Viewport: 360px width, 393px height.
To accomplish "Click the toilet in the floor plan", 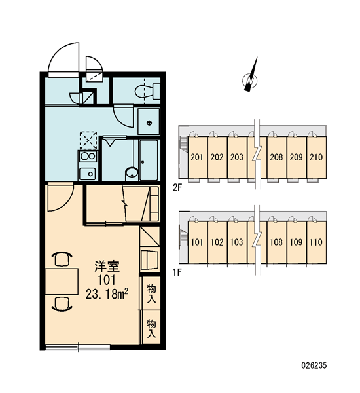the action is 147,91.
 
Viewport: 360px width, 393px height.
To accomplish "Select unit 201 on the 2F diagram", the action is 198,157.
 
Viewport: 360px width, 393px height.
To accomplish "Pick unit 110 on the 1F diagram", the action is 316,242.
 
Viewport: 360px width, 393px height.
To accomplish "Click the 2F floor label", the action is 177,188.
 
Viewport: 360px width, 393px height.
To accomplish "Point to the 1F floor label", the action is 177,272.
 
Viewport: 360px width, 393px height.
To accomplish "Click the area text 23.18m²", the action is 107,293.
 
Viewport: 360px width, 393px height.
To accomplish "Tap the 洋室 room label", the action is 107,266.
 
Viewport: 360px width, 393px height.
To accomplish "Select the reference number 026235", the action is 314,365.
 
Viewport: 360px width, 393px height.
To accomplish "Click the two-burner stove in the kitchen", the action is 88,157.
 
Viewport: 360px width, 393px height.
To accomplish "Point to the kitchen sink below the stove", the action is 88,174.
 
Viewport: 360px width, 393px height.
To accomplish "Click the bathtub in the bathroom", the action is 149,160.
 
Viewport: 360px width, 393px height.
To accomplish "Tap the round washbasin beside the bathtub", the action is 132,173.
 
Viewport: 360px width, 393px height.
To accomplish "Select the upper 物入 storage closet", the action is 151,293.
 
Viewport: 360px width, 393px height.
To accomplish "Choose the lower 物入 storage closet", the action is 151,327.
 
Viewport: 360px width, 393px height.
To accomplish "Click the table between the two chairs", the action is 62,281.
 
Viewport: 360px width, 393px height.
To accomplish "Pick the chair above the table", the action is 62,259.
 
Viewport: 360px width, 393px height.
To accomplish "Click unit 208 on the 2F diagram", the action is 277,157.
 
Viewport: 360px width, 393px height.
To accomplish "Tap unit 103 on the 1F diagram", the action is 237,242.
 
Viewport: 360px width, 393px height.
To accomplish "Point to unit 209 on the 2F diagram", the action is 297,157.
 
